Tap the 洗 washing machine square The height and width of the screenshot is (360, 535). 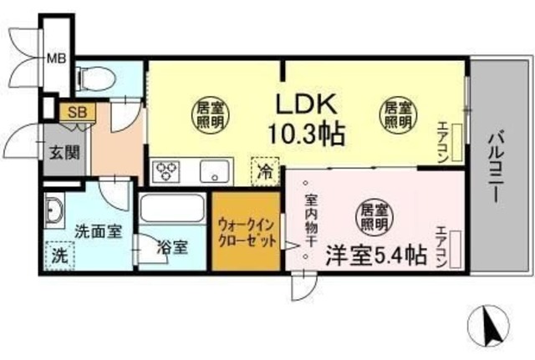click(59, 254)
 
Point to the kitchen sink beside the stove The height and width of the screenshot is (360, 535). click(213, 173)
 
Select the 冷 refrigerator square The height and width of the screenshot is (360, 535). click(263, 174)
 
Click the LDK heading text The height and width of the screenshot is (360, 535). click(305, 104)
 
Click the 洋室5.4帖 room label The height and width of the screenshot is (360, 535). click(376, 254)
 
